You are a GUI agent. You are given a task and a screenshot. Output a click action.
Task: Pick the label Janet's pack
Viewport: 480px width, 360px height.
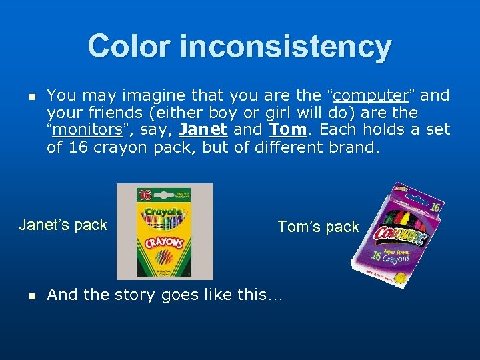click(x=63, y=225)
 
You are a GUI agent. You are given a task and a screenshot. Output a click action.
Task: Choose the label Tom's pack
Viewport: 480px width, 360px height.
click(x=318, y=227)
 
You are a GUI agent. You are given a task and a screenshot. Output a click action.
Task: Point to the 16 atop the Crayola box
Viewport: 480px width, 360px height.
click(x=145, y=195)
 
